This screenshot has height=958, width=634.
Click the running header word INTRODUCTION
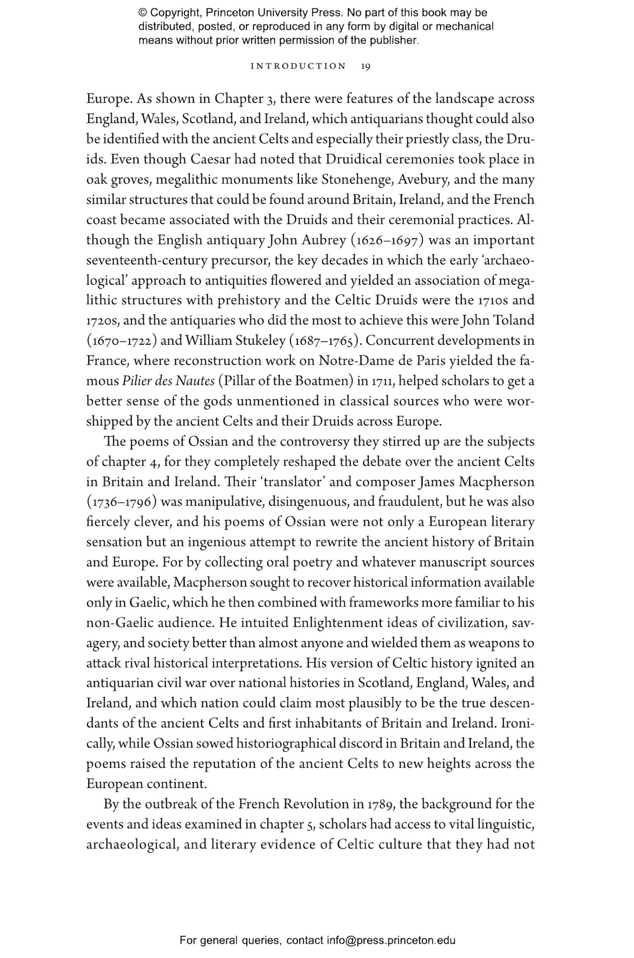298,66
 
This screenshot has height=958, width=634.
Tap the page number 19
366,66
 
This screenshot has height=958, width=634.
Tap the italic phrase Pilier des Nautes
168,381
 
